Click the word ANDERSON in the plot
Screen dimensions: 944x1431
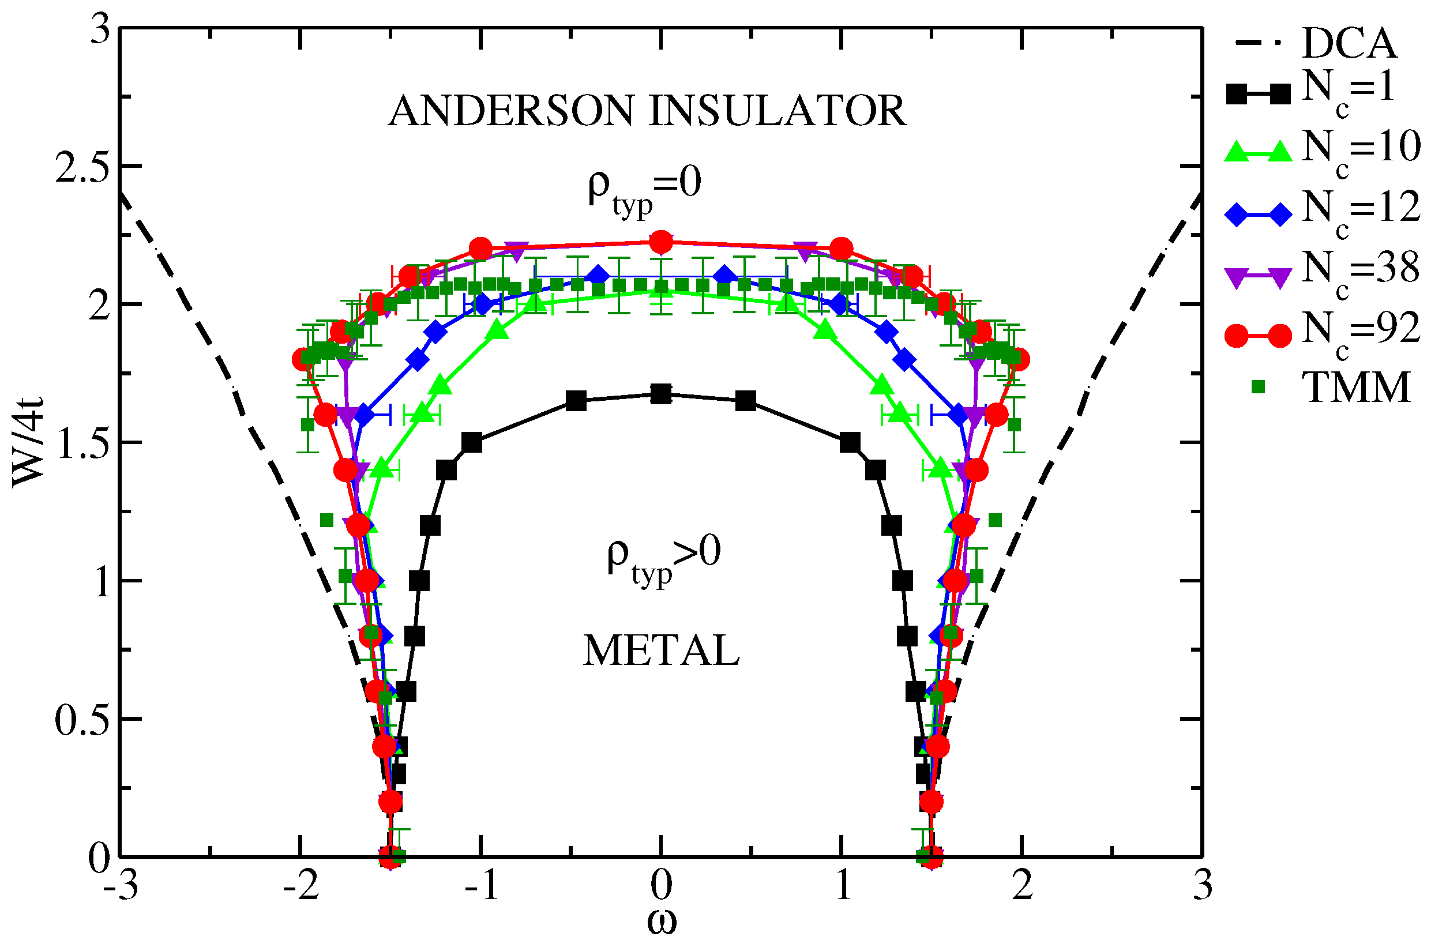pyautogui.click(x=509, y=111)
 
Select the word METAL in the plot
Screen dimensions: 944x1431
pyautogui.click(x=661, y=651)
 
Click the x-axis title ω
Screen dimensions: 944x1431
pyautogui.click(x=662, y=922)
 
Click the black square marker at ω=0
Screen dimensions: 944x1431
pyautogui.click(x=661, y=394)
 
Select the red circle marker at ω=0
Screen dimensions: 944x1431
pyautogui.click(x=661, y=242)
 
